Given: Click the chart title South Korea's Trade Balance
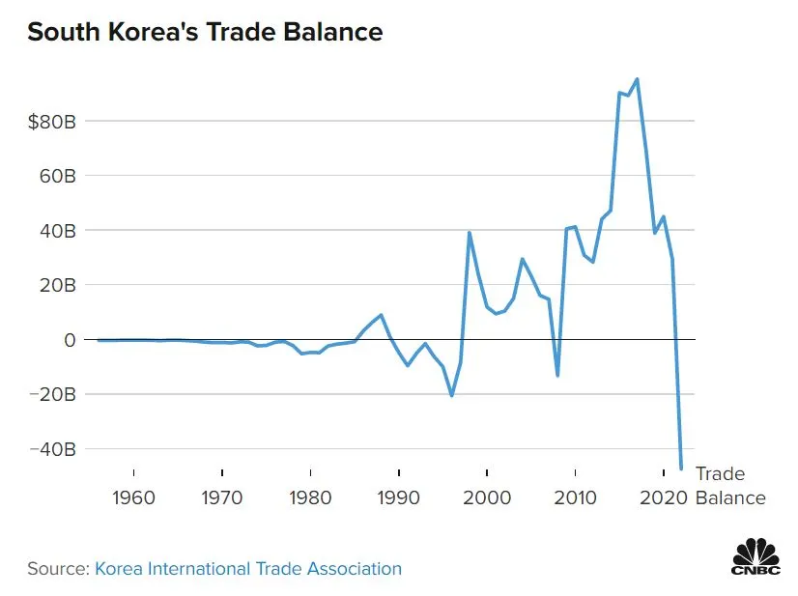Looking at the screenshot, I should pyautogui.click(x=205, y=32).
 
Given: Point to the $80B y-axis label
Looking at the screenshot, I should pyautogui.click(x=51, y=122).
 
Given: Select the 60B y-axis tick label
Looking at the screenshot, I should pyautogui.click(x=54, y=176).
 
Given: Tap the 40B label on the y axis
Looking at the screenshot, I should pyautogui.click(x=54, y=231).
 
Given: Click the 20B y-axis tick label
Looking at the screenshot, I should pyautogui.click(x=54, y=285).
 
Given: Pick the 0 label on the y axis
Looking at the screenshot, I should pyautogui.click(x=69, y=340).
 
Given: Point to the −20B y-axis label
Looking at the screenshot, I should pyautogui.click(x=50, y=394).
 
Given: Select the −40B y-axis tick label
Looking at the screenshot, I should pyautogui.click(x=50, y=449).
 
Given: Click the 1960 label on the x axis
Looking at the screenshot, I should pyautogui.click(x=133, y=497).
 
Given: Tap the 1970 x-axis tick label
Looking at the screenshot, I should pyautogui.click(x=222, y=497).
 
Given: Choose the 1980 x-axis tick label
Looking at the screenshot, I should pyautogui.click(x=310, y=497).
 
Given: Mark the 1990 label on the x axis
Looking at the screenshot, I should pyautogui.click(x=398, y=497).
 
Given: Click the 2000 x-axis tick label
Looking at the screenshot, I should pyautogui.click(x=487, y=497).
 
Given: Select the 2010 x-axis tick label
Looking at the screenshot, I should pyautogui.click(x=575, y=497).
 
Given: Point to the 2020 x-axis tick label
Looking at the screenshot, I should pyautogui.click(x=663, y=497).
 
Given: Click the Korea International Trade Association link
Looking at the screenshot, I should pyautogui.click(x=247, y=568).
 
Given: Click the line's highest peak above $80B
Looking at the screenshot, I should pyautogui.click(x=637, y=79).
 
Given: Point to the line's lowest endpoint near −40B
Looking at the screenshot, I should pyautogui.click(x=681, y=468).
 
